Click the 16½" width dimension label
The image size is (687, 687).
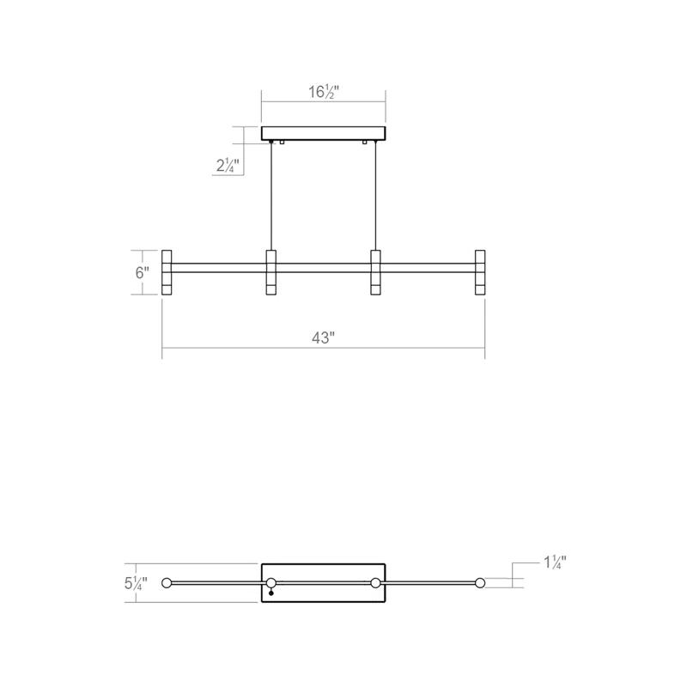pos(324,92)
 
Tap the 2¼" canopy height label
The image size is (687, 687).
pos(228,166)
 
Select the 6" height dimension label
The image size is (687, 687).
pos(142,272)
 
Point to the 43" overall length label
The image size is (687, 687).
pos(324,337)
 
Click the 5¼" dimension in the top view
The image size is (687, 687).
pos(136,583)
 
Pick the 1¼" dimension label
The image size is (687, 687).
pos(555,562)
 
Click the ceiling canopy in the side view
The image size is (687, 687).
pos(324,134)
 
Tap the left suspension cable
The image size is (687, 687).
pos(271,196)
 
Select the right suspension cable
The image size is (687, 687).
pos(375,196)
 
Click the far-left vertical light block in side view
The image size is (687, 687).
pos(167,272)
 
